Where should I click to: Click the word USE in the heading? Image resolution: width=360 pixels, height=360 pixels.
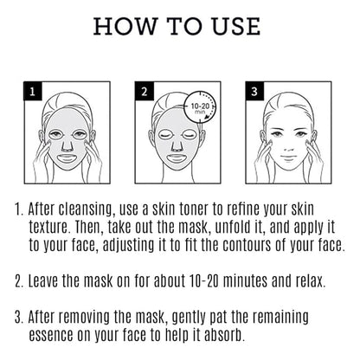(236, 26)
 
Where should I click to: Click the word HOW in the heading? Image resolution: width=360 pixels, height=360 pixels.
(125, 26)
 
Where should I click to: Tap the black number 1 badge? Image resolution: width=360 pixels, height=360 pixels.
(33, 92)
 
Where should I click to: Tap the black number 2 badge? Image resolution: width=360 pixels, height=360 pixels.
(144, 92)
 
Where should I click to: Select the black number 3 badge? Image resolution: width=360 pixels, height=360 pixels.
(254, 92)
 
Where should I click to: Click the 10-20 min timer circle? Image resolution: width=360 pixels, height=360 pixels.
(200, 107)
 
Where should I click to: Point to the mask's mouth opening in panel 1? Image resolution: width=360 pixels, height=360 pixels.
(67, 157)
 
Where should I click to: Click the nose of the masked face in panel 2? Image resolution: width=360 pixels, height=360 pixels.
(177, 145)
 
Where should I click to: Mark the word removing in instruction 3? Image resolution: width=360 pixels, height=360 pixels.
(86, 318)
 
